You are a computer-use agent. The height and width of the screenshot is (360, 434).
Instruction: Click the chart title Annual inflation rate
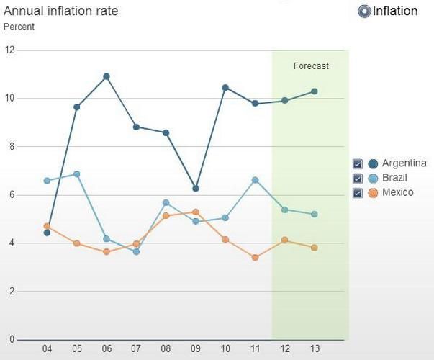[61, 11]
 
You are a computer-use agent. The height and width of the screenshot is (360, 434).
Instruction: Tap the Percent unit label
[19, 27]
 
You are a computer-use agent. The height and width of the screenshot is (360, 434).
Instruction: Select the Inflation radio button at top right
[364, 11]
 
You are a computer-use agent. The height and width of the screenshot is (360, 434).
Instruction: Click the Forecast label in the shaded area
[311, 66]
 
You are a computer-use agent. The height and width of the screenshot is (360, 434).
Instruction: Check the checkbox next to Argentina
[358, 163]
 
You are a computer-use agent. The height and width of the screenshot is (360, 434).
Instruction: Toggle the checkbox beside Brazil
[358, 178]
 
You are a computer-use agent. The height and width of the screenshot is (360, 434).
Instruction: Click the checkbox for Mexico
[358, 192]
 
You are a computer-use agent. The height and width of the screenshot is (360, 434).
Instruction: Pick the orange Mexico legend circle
[373, 192]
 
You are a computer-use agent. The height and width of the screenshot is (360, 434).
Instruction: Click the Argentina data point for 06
[107, 76]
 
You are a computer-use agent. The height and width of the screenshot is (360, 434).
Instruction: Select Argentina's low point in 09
[195, 189]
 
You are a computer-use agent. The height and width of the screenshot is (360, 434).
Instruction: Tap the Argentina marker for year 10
[225, 88]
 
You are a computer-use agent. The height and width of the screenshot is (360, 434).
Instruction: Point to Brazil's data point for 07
[136, 251]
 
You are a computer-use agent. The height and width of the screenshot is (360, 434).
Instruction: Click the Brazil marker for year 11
[255, 180]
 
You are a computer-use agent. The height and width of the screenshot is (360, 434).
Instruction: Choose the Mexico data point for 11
[255, 257]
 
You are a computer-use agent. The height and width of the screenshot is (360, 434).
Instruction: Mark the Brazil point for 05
[77, 174]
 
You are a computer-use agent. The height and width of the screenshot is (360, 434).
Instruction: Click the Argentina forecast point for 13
[314, 91]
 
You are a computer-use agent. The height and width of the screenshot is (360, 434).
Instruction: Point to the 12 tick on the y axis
[9, 50]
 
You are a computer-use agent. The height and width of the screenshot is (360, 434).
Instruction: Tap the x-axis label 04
[48, 350]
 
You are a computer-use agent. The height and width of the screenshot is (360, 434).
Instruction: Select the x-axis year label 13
[314, 350]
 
